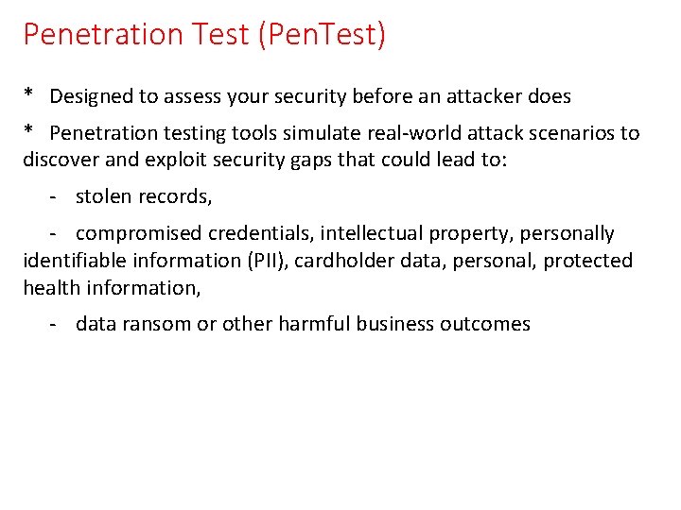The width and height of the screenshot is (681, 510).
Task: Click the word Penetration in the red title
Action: tap(104, 35)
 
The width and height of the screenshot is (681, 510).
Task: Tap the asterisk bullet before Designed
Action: tap(29, 94)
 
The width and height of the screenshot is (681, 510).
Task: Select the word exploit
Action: tap(176, 160)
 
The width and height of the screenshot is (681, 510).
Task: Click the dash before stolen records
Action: tap(56, 196)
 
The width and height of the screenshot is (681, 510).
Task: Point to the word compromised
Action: tap(139, 233)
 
